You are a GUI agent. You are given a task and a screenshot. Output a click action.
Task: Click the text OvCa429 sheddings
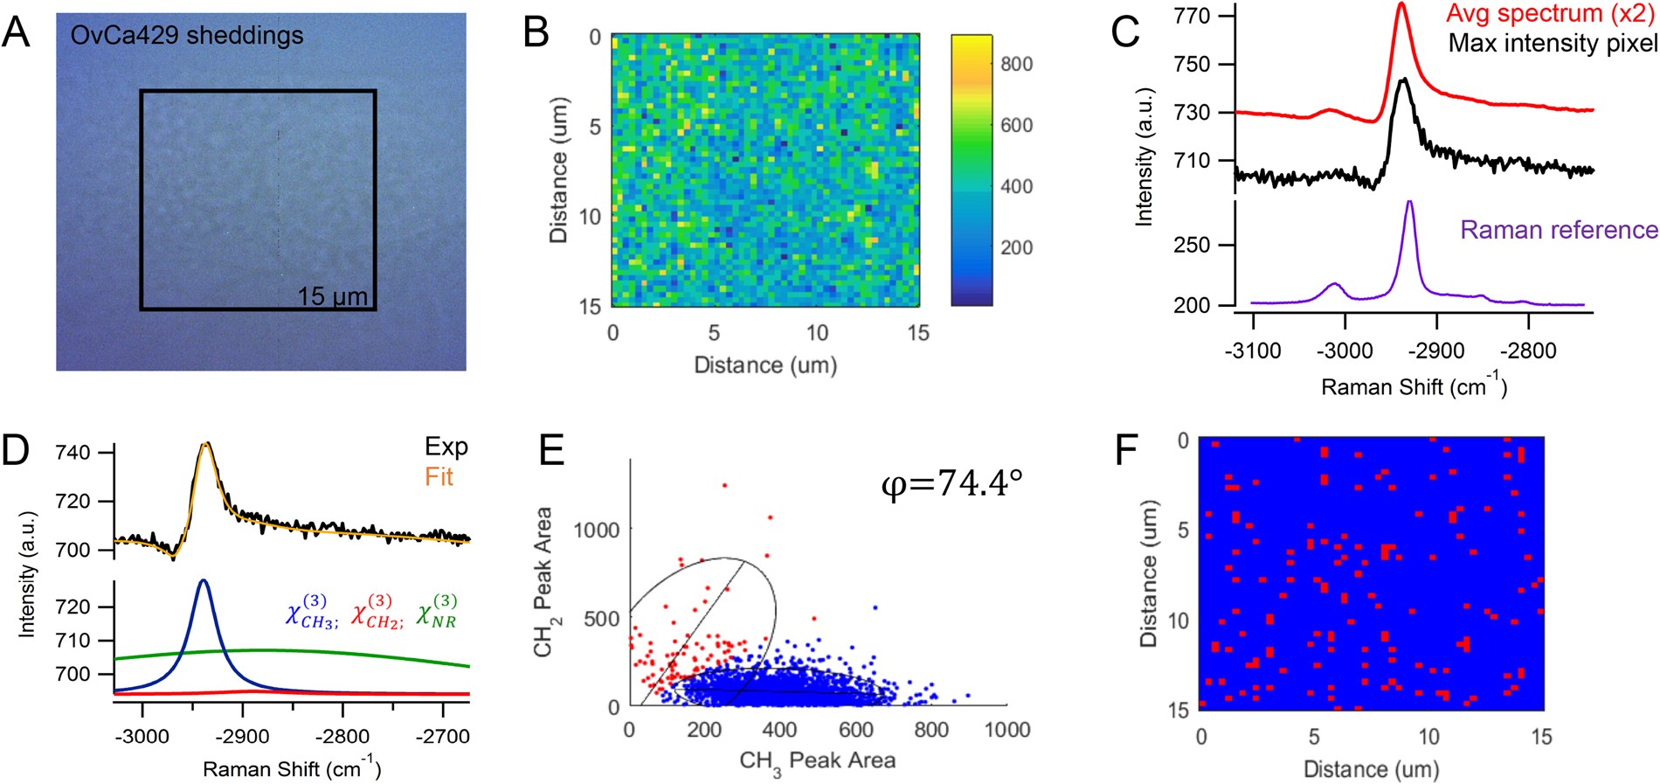point(187,36)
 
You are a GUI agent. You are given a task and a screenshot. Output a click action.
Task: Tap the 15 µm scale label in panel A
point(333,296)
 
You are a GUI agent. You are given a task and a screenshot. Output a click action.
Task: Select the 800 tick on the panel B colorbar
point(1016,64)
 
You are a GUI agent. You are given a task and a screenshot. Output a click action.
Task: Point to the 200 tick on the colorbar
point(1016,247)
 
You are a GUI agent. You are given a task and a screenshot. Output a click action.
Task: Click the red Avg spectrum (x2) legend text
point(1550,14)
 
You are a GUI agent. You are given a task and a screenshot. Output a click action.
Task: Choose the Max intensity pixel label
point(1553,43)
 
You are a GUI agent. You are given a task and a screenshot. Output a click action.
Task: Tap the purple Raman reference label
point(1559,230)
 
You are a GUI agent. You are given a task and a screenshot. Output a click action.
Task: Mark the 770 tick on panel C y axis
point(1193,16)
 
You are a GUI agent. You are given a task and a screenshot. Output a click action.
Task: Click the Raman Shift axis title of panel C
point(1414,385)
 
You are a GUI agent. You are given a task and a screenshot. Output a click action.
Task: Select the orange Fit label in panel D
point(439,476)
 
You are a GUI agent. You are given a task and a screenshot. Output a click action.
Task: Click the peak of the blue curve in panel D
point(204,580)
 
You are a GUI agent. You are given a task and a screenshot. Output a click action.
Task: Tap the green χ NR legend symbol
point(436,611)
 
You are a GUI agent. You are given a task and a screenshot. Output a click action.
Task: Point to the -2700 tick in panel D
point(443,737)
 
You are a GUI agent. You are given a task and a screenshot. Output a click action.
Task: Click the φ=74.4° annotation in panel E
point(951,482)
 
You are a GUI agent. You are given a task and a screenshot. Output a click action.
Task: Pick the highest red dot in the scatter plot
point(724,485)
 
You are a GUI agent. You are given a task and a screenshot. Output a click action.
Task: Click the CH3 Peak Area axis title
point(818,761)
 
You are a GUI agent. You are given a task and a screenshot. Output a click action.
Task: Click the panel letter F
point(1128,450)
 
